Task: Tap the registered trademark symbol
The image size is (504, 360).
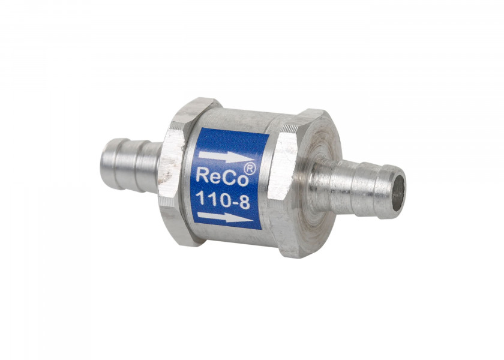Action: (x=250, y=169)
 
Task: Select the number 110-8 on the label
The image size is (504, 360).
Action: (x=223, y=199)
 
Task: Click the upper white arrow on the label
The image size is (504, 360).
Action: (x=226, y=157)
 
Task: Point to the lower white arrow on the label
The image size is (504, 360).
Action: (x=225, y=217)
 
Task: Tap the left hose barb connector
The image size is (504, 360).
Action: (x=131, y=164)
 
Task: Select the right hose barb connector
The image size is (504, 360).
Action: (x=357, y=187)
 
